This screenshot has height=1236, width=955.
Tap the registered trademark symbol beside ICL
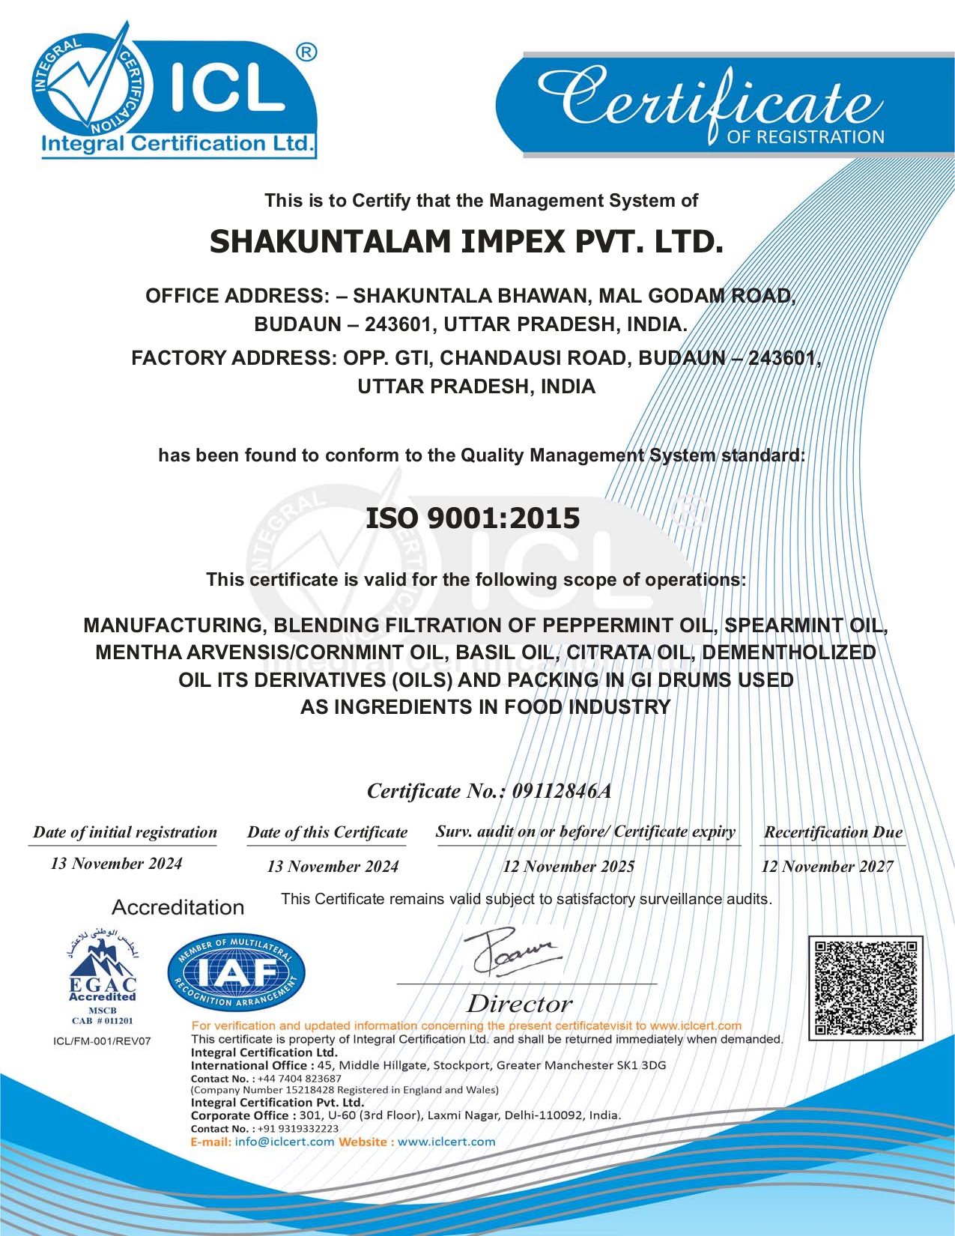pos(306,52)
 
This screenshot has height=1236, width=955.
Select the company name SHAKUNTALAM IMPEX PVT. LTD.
pos(466,242)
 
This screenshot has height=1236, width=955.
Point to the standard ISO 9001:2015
pos(473,518)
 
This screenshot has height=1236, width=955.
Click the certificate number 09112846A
pos(561,791)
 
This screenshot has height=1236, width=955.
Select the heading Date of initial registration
pos(124,832)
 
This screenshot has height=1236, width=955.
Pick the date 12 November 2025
pos(569,867)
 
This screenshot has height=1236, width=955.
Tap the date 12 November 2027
pos(827,867)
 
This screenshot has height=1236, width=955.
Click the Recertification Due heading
pos(833,832)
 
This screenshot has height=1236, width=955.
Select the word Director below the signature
pos(519,1004)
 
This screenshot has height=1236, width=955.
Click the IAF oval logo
pos(236,973)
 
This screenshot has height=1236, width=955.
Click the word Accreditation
pos(178,907)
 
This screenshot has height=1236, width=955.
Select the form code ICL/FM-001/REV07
pos(102,1041)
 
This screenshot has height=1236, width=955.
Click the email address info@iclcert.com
pos(284,1142)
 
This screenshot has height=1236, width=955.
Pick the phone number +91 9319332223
pos(298,1128)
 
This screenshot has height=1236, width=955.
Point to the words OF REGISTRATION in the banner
pos(805,137)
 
